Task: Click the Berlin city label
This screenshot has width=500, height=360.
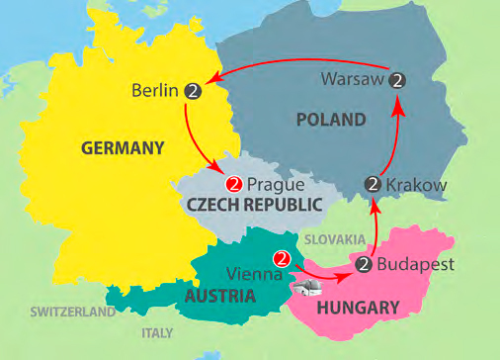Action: (x=154, y=91)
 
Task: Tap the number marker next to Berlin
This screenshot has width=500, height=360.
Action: (x=194, y=91)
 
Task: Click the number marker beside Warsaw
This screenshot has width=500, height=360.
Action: (x=397, y=79)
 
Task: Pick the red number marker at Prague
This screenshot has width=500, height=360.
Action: (x=234, y=184)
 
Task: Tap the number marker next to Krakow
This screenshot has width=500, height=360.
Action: (x=373, y=183)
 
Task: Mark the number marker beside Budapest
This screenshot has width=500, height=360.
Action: (x=364, y=264)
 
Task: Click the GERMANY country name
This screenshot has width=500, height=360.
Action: (x=123, y=148)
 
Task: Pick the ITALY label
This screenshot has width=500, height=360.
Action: (x=158, y=332)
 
